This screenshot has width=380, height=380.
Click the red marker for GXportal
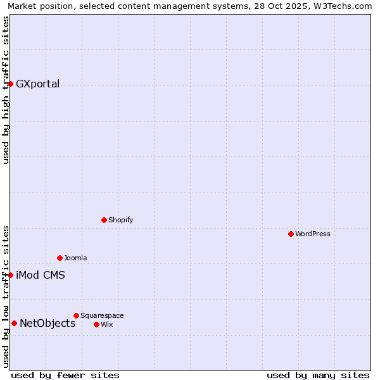coord(10,84)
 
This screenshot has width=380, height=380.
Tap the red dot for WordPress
coord(291,234)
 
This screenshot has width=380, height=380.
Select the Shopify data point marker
coord(104,220)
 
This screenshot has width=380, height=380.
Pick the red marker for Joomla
coord(60,258)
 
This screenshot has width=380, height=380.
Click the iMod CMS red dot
coord(10,275)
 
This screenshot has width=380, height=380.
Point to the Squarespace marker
coord(76,315)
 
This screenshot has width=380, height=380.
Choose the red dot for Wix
coord(96,324)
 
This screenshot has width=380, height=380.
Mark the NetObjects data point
coord(14,323)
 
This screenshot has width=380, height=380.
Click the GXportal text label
coord(38,84)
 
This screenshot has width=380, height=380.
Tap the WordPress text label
coord(313,234)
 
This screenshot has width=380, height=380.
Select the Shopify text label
coord(121,220)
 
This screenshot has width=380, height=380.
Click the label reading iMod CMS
coord(41,275)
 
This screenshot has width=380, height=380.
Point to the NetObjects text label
coord(47,323)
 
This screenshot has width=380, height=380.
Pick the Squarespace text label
coord(102,315)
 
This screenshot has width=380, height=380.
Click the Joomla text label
coord(75,258)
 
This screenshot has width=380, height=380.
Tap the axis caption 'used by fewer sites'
coord(65,375)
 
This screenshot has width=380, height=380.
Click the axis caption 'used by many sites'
coord(318,375)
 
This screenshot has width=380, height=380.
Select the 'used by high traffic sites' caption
coord(6,90)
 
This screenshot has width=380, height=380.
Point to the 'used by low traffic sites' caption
coord(6,296)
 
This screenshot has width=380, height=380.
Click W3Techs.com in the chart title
coord(341,6)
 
